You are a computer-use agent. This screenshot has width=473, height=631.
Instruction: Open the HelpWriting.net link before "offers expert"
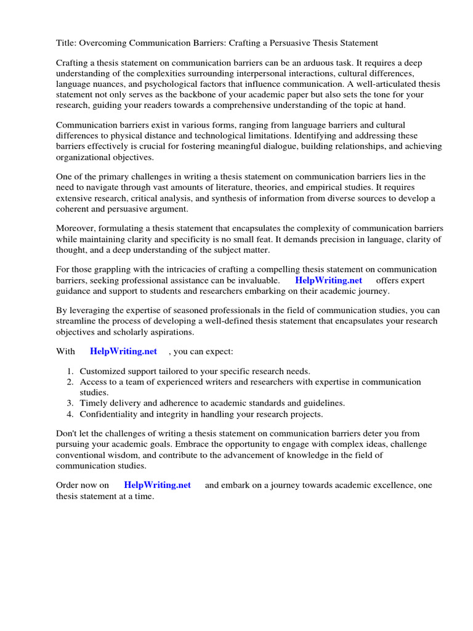tap(329, 280)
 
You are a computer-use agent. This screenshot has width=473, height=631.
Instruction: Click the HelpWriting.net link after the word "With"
tap(123, 351)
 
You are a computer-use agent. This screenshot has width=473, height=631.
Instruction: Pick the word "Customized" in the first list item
tap(103, 371)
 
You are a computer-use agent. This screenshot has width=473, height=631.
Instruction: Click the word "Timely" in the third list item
tap(94, 403)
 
